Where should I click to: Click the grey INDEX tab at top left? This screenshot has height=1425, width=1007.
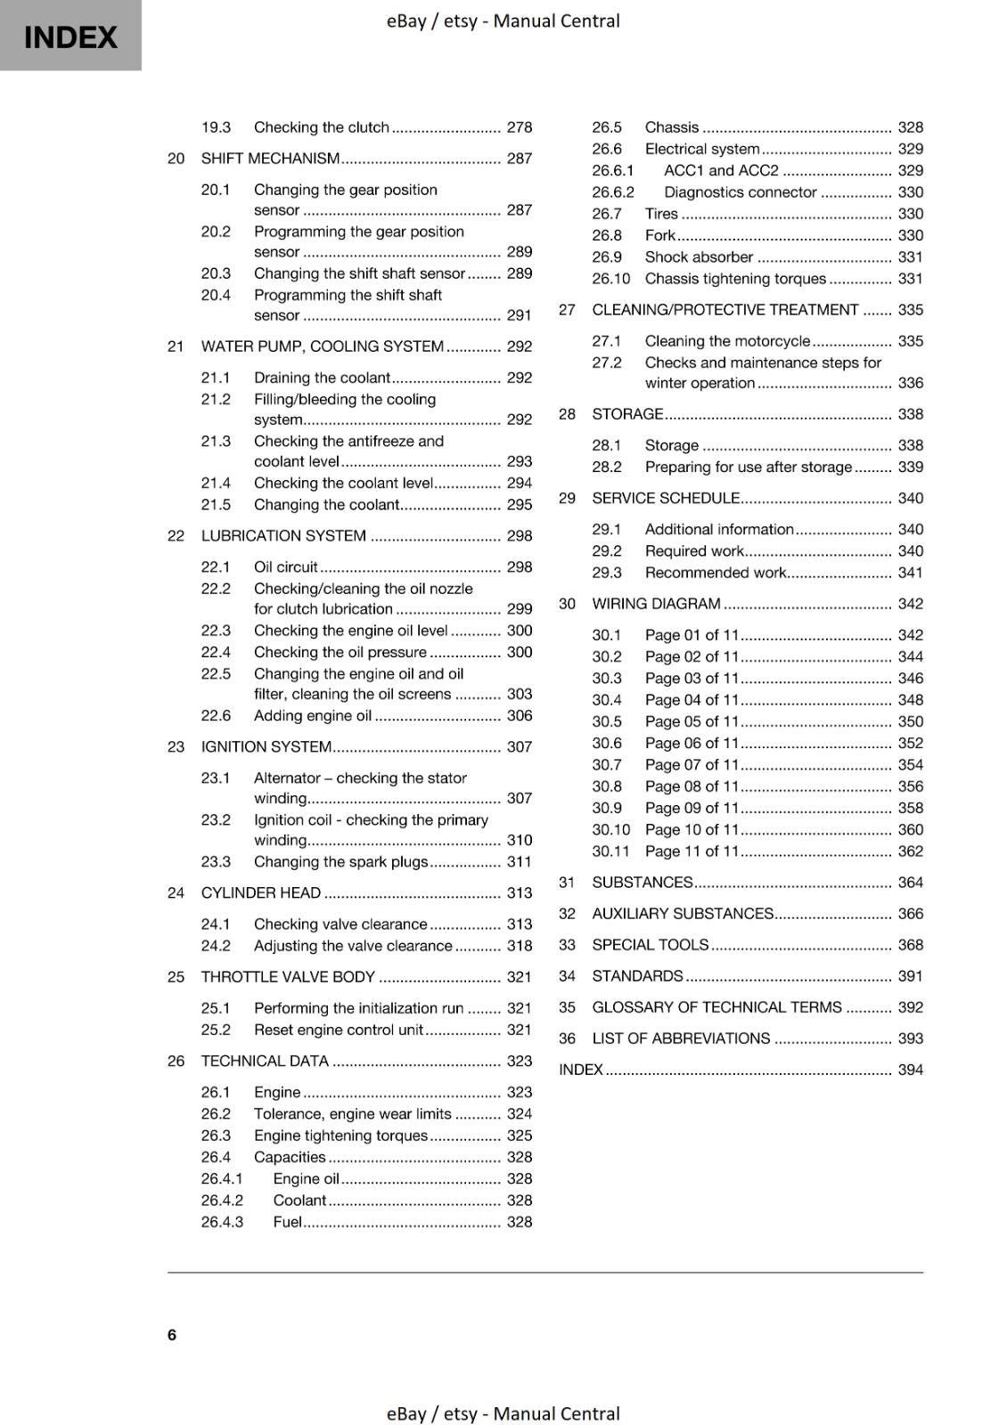point(70,37)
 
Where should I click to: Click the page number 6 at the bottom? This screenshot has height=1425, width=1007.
point(172,1334)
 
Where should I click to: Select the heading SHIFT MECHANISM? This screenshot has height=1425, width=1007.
point(270,159)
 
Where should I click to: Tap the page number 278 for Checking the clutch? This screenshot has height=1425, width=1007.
point(519,127)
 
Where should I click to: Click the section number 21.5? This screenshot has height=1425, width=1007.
point(216,504)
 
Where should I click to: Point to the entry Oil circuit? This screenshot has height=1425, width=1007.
point(285,566)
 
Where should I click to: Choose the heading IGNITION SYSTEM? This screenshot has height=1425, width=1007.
point(266,746)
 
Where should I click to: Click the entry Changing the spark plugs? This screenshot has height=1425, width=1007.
point(340,861)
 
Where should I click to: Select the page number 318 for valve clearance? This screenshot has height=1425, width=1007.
point(519,946)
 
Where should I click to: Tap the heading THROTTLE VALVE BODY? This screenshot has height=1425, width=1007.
point(288,977)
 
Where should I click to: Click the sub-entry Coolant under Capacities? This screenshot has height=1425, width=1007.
point(299,1200)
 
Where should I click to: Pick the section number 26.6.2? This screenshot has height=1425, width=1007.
point(613,192)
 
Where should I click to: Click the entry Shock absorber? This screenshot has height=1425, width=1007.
point(699,256)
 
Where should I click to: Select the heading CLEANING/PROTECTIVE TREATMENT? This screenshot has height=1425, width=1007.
point(725,310)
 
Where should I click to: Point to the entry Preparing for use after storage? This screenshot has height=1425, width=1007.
point(748,467)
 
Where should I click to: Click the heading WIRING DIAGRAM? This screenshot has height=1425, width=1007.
point(656,604)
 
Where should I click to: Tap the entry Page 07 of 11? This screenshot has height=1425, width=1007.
point(692,764)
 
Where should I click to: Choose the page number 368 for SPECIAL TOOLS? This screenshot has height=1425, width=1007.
point(910,945)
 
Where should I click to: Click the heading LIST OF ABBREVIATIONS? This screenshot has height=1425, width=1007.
point(681,1038)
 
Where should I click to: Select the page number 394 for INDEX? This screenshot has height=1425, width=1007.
point(910,1070)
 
